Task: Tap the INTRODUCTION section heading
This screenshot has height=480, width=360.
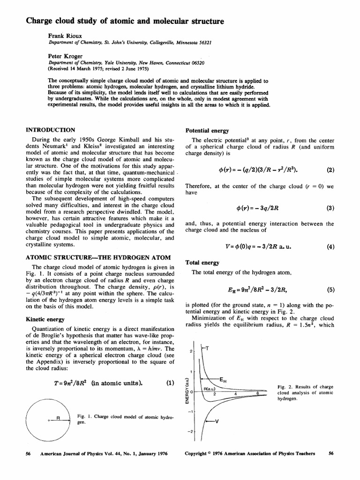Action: (x=51, y=130)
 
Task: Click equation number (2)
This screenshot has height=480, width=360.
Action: (x=330, y=170)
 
